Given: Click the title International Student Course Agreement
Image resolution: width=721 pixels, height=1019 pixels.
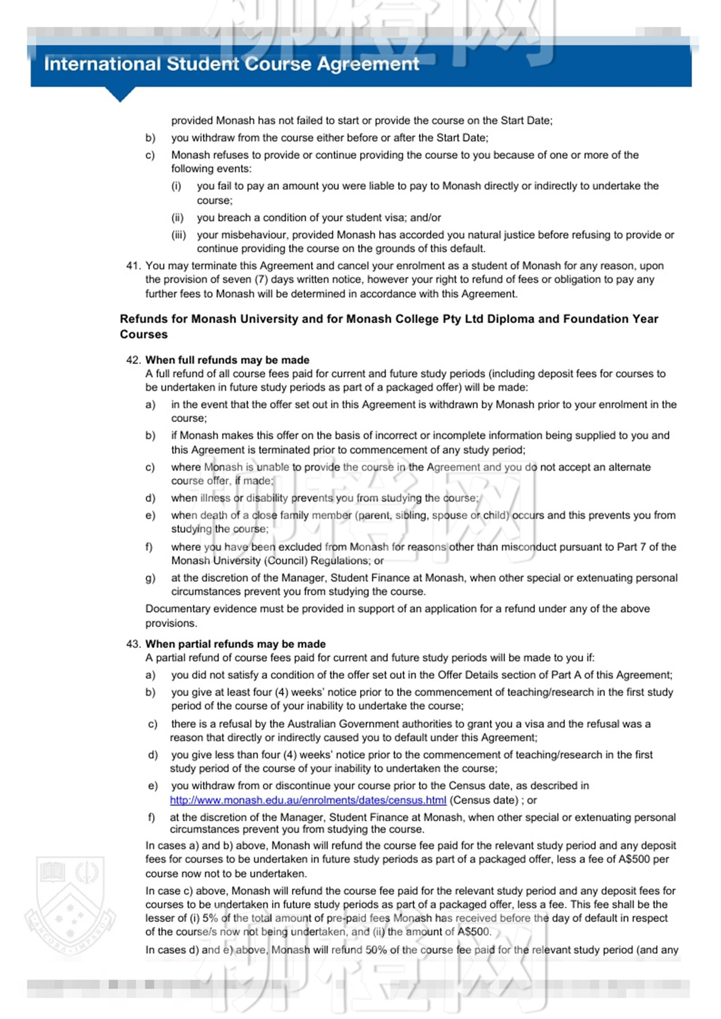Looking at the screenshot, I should click(231, 64).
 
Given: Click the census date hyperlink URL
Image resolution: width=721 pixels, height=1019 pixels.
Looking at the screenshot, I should click(308, 800).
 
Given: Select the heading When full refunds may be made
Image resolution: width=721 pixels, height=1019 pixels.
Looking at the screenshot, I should click(227, 360).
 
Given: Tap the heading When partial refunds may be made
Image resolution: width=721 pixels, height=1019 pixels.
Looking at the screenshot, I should click(235, 644).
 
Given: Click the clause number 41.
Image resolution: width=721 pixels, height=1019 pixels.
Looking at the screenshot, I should click(133, 266).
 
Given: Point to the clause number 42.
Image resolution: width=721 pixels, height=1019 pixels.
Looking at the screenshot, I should click(133, 360).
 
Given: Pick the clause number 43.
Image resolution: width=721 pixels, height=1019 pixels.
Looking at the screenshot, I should click(133, 644).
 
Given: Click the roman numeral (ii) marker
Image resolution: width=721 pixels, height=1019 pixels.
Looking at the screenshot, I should click(177, 218).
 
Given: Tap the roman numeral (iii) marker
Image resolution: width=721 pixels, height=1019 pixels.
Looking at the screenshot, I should click(178, 235).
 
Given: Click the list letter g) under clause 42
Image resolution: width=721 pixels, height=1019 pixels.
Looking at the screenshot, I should click(150, 578).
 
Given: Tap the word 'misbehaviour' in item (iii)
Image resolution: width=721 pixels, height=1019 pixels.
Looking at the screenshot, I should click(243, 235).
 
